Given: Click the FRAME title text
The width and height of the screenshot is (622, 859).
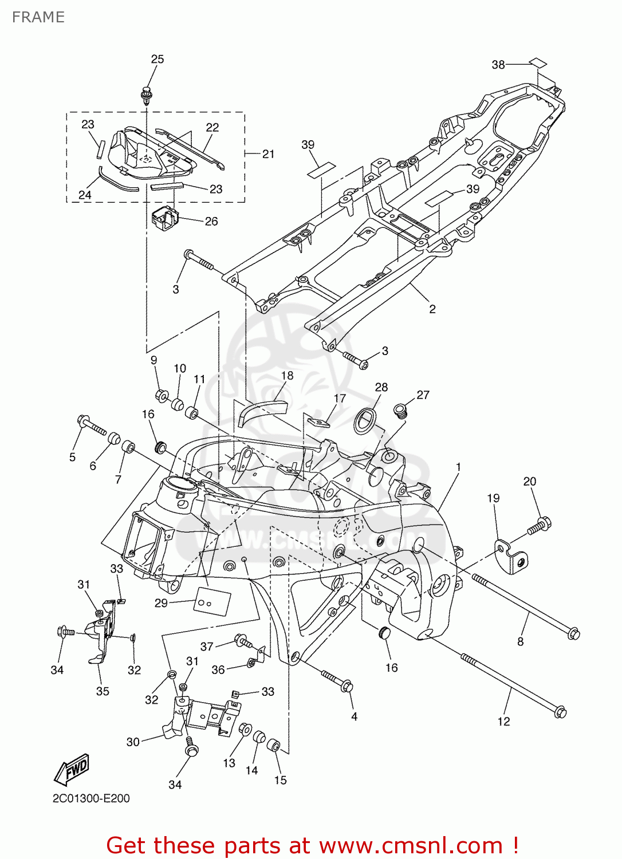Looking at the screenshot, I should click(x=38, y=17).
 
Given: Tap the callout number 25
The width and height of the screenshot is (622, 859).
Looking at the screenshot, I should click(x=157, y=59).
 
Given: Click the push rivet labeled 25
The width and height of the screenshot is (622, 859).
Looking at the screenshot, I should click(x=147, y=94).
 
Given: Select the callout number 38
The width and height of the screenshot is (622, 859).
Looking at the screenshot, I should click(x=498, y=65).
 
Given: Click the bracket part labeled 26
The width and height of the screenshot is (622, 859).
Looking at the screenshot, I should click(x=165, y=219).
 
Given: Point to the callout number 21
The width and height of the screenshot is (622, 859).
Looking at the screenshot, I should click(x=268, y=153).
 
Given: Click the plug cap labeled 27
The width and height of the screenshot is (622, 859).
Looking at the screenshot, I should click(x=401, y=410).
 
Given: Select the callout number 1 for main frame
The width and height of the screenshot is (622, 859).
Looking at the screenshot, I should click(x=458, y=467).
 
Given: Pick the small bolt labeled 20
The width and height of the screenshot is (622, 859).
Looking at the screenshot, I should click(x=539, y=526).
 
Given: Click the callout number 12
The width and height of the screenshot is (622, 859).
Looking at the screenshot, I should click(x=503, y=722).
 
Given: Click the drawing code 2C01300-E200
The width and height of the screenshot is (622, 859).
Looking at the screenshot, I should click(x=91, y=798).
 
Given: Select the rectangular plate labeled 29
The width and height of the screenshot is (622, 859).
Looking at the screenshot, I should click(x=212, y=601).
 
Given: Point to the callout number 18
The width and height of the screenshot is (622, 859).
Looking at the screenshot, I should click(x=287, y=376).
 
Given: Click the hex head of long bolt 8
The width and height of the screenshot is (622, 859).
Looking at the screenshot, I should click(x=573, y=633).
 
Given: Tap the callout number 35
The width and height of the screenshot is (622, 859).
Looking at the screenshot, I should click(x=103, y=691).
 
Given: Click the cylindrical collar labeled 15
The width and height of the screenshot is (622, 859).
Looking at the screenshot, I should click(x=274, y=746).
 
